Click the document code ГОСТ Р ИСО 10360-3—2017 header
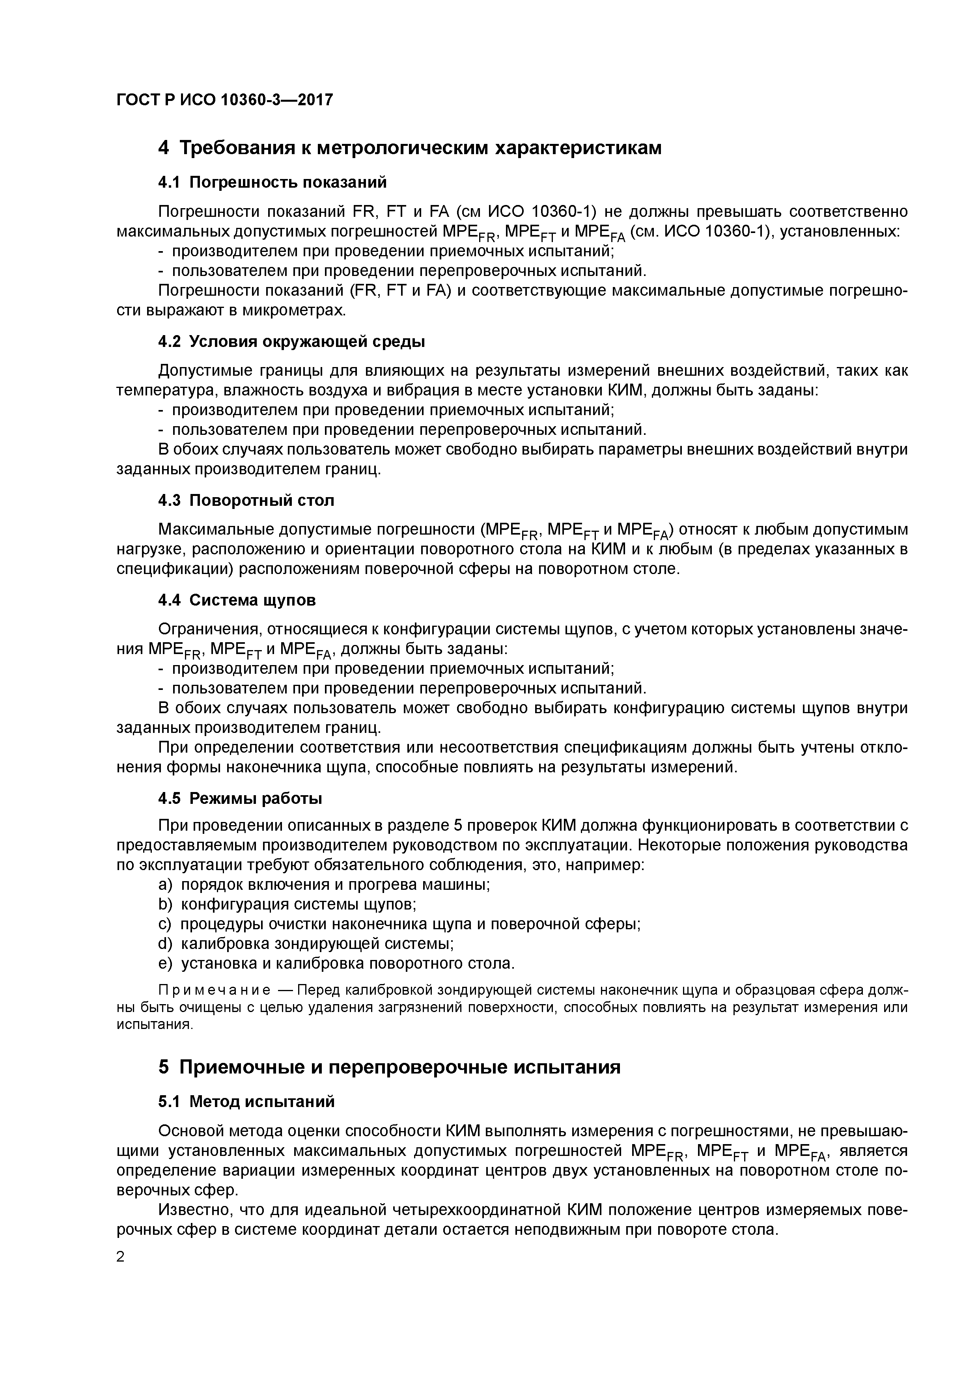click(224, 100)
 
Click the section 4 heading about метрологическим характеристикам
click(410, 148)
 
